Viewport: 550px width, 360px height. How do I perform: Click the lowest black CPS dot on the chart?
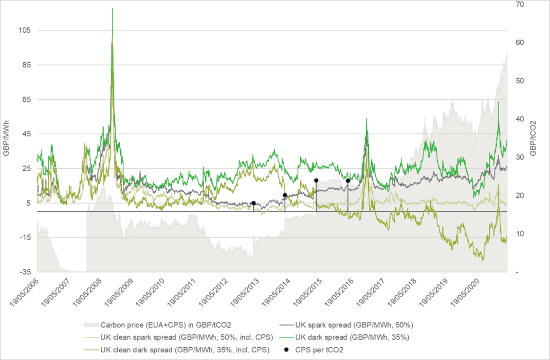point(253,203)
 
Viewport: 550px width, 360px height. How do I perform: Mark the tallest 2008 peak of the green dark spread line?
point(112,9)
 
